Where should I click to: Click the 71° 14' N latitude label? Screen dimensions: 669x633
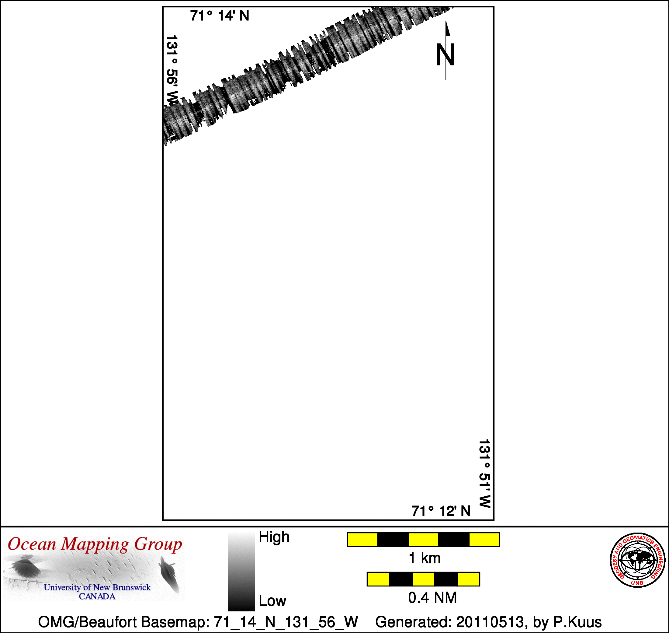click(x=220, y=16)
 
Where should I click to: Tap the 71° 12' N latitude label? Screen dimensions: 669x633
click(x=441, y=511)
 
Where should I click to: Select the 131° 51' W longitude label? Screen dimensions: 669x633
click(x=484, y=474)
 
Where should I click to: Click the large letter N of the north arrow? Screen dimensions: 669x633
click(x=445, y=55)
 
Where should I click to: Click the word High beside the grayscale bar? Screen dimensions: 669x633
click(x=274, y=537)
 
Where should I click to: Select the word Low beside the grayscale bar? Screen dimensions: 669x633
click(x=272, y=601)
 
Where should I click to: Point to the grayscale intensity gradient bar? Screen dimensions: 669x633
click(x=241, y=572)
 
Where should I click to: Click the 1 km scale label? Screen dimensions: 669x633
click(x=425, y=558)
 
